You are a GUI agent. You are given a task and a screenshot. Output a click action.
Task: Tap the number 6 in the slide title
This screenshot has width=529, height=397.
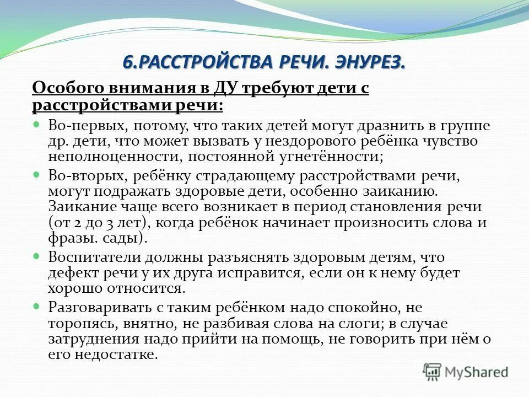click(x=126, y=62)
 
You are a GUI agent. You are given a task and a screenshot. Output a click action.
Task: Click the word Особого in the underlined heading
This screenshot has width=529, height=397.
click(x=65, y=89)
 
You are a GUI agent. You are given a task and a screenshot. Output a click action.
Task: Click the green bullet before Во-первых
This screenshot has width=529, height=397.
click(x=37, y=124)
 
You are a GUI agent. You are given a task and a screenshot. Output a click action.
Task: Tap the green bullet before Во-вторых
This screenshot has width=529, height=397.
click(x=37, y=175)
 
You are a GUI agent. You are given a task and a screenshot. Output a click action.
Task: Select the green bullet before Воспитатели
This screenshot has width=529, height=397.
click(x=37, y=256)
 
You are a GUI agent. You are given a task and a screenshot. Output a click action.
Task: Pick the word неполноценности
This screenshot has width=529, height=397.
click(x=115, y=157)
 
